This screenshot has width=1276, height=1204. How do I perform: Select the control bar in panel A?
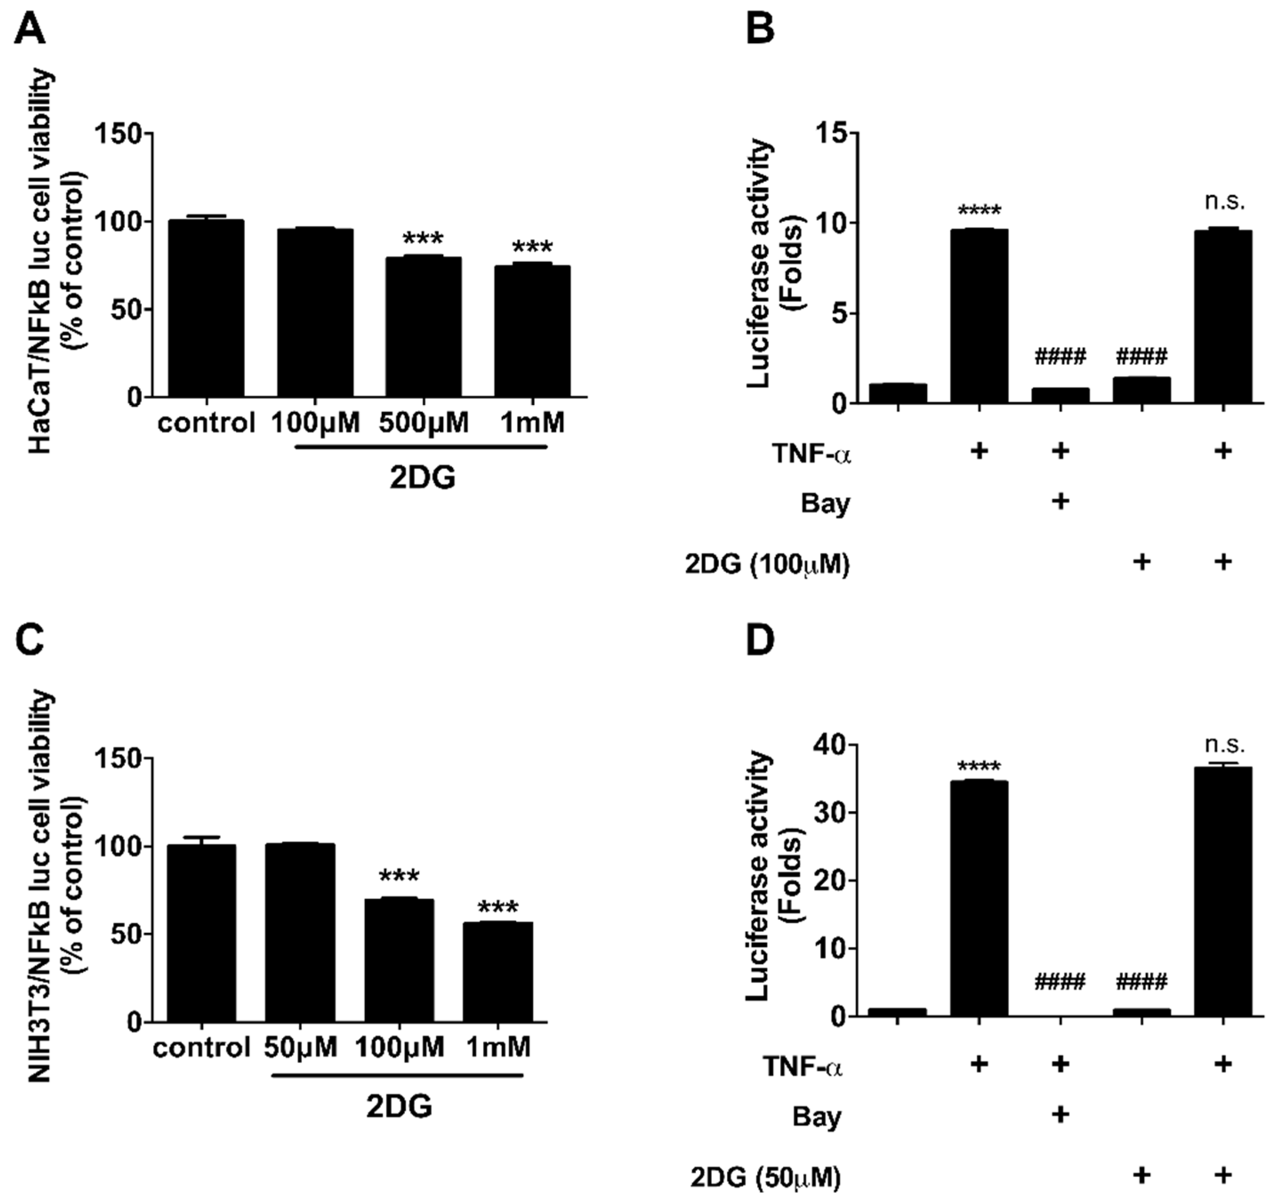pos(205,308)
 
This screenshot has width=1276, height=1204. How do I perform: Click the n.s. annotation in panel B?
pos(1224,203)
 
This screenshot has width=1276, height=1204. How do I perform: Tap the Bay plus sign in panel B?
pos(1060,500)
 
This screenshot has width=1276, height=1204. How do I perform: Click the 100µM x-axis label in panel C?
pos(399,1048)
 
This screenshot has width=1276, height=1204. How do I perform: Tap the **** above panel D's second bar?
pos(979,767)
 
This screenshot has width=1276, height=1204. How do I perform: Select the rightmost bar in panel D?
pos(1224,892)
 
